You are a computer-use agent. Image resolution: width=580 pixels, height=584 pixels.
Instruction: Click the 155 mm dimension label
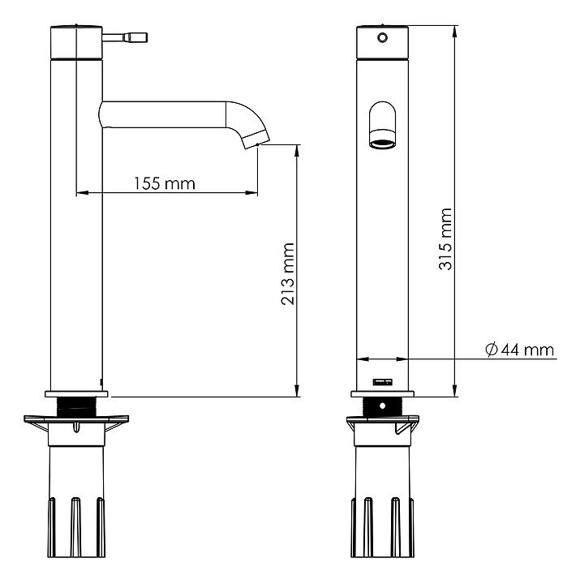pos(165,182)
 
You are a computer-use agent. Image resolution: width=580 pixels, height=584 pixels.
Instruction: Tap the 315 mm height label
pos(445,239)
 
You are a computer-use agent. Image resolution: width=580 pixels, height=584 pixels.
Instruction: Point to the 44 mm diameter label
pos(527,350)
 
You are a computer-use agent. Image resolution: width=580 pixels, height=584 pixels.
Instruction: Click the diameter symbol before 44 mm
pos(491,350)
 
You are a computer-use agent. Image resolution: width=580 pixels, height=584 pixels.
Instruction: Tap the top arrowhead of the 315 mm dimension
pos(455,30)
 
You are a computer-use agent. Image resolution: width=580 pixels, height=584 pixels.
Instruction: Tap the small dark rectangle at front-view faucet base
pos(380,381)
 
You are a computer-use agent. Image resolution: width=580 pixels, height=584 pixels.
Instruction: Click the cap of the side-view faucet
pos(76,41)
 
